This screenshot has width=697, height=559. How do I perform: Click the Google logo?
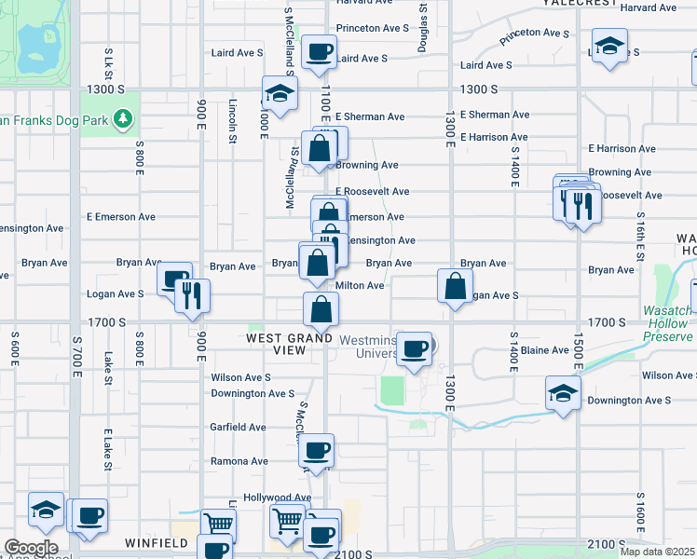31,548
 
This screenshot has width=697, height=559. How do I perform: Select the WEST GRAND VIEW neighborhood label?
290,343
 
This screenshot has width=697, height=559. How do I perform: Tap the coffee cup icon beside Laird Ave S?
320,52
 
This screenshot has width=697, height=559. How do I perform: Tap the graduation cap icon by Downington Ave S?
563,394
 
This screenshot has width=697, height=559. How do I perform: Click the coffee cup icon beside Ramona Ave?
317,451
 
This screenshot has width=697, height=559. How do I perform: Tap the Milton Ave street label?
360,286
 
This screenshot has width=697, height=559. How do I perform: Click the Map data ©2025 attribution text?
657,552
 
